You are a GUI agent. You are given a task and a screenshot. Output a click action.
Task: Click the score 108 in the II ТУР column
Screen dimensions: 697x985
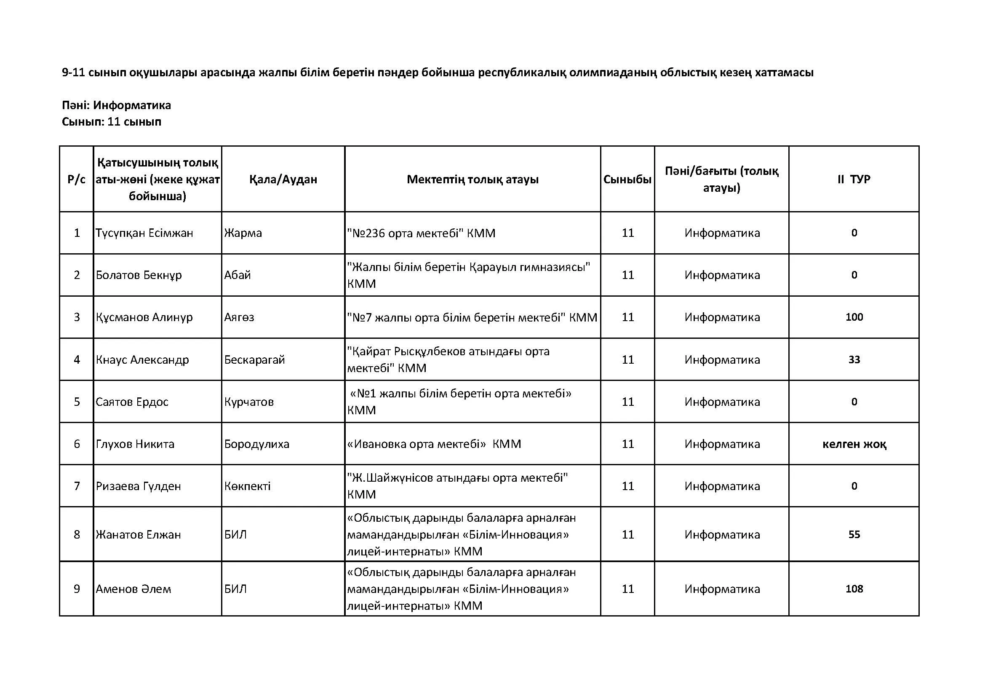[854, 589]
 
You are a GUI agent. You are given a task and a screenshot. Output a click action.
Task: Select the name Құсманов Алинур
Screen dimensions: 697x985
[144, 317]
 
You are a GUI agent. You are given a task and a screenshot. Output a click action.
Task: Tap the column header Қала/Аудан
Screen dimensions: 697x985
[283, 180]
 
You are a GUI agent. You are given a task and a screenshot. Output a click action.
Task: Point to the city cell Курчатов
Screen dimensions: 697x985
[249, 402]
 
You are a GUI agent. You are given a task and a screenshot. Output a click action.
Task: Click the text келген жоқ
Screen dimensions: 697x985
[854, 444]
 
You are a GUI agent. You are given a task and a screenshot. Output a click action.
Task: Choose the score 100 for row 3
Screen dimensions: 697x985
[854, 317]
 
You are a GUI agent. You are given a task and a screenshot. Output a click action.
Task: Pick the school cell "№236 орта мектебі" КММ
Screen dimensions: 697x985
[421, 233]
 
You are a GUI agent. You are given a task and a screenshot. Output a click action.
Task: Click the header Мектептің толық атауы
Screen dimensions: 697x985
[472, 180]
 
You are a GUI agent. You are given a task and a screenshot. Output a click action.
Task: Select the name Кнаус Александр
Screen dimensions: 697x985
[142, 359]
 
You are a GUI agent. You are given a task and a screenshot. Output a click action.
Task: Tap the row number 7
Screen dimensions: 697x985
[77, 486]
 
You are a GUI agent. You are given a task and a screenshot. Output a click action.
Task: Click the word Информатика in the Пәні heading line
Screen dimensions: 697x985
[132, 105]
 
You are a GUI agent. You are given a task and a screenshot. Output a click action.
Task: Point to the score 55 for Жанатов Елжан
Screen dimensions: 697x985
[854, 534]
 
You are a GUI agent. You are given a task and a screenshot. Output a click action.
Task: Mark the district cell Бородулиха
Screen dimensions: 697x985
[256, 444]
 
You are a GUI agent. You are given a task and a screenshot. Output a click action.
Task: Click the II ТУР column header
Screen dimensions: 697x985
[854, 180]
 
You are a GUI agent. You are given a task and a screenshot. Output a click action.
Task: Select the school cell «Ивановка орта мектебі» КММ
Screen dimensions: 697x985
[434, 444]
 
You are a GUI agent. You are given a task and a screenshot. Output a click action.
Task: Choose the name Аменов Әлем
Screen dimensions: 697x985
[133, 589]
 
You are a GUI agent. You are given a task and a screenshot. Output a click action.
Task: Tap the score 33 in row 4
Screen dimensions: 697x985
[854, 359]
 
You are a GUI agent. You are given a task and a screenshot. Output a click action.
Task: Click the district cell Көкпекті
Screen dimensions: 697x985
[247, 486]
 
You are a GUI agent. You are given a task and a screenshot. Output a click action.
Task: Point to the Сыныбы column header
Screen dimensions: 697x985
[627, 180]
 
